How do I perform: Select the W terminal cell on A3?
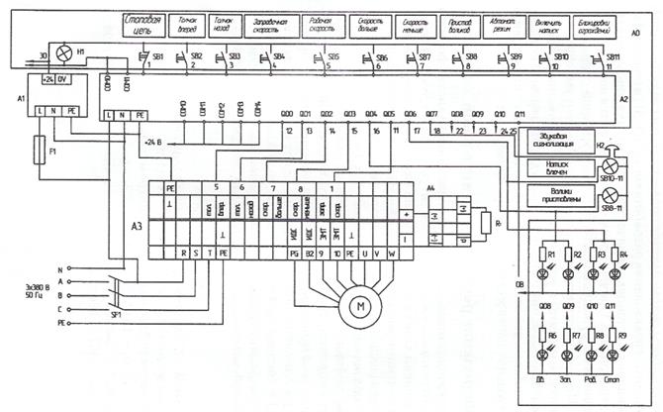coord(392,255)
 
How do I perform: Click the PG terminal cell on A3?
coord(293,255)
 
